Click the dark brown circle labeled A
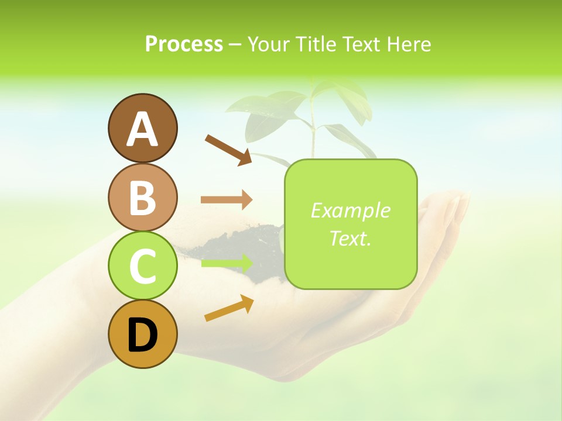[142, 128]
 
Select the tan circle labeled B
[142, 197]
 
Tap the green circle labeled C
[142, 265]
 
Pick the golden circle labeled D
[142, 334]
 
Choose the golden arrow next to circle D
[229, 308]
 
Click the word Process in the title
[184, 44]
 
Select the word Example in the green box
[350, 210]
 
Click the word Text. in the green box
[350, 238]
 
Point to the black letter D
[142, 335]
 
